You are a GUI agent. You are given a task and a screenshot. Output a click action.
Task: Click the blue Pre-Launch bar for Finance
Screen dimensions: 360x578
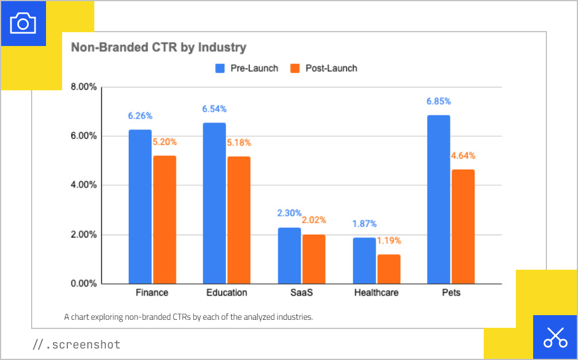tap(140, 207)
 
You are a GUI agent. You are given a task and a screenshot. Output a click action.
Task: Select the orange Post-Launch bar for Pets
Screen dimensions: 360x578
tap(463, 227)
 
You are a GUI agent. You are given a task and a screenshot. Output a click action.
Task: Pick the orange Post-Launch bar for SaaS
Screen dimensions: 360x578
tap(313, 259)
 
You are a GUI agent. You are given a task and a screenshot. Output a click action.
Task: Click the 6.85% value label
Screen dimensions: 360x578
tap(438, 101)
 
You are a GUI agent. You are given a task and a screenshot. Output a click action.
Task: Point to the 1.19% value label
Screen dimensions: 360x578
tap(389, 241)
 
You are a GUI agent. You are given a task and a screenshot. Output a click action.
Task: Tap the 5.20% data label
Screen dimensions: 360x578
tap(164, 142)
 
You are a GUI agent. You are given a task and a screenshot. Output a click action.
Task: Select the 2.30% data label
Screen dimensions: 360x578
tap(289, 213)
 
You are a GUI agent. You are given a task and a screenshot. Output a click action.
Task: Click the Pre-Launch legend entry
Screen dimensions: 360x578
tap(247, 68)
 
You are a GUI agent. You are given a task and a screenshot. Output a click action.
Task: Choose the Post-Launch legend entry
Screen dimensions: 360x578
tap(324, 68)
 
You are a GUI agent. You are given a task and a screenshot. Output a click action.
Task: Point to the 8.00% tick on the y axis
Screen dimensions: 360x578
tap(83, 87)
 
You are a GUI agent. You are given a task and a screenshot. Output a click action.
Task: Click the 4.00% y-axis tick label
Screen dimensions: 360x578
tap(83, 185)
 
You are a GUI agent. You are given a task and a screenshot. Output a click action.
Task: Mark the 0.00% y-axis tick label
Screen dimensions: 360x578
tap(83, 284)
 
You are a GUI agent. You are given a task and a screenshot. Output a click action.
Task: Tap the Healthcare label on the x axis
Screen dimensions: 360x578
tap(376, 293)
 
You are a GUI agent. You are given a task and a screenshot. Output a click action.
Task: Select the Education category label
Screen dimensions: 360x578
tap(227, 293)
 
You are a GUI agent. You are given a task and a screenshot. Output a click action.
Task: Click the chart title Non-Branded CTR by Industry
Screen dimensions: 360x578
tap(158, 47)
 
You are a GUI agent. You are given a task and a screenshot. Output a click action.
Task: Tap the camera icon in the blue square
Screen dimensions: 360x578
tap(23, 23)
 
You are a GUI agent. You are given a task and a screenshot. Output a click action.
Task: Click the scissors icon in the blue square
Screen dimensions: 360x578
tap(555, 337)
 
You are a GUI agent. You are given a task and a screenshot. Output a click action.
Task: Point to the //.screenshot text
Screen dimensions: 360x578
tap(76, 345)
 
